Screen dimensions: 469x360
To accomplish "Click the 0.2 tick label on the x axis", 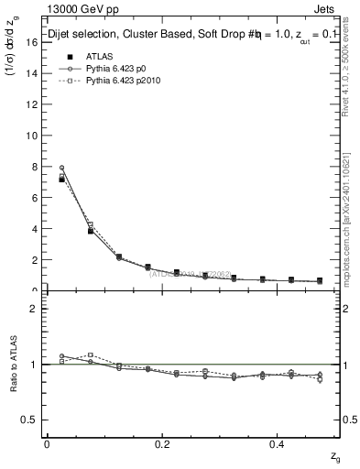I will coord(163,444).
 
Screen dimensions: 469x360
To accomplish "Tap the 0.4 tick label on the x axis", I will coord(279,444).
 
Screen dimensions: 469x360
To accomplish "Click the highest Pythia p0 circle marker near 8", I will coord(62,169).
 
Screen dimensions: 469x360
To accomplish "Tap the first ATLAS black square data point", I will coord(62,180).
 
